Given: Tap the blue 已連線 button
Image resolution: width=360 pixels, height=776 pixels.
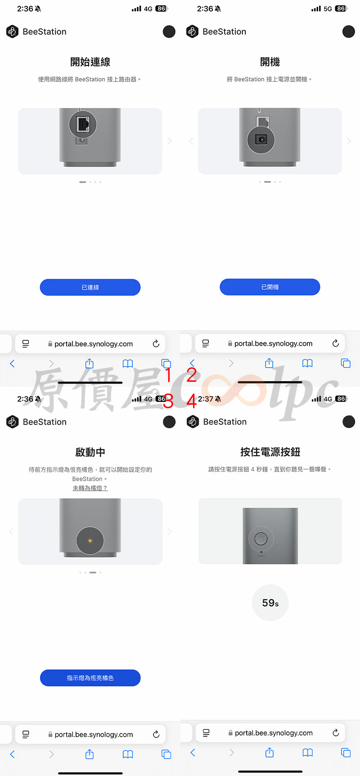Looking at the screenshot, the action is coord(90,287).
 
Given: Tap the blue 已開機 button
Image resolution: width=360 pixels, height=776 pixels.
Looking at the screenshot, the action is coord(270,287).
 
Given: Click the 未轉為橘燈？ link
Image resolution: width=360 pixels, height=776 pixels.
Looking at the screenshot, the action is coord(90,488).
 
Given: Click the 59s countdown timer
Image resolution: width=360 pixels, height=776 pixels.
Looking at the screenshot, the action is coord(270,603).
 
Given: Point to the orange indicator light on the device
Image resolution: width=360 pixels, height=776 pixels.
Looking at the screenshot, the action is coord(90,541).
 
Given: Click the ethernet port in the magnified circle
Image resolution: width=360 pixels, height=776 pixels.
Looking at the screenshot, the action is coord(83,123).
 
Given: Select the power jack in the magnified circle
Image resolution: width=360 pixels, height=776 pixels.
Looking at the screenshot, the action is coord(261,140).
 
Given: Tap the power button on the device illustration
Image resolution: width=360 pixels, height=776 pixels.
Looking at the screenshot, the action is coord(261,538).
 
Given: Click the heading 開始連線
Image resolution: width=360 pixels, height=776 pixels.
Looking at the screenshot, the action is coord(90,62).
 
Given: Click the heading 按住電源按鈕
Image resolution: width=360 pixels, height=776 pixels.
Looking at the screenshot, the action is coord(270,452).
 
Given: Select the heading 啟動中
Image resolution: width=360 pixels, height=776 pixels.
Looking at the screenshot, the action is coord(90,452).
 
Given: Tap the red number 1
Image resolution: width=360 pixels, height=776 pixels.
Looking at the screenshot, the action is coord(168,374).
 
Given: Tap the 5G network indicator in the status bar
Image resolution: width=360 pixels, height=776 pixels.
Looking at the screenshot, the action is coord(328,9).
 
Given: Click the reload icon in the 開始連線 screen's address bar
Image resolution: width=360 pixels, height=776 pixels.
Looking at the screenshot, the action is coord(156,343).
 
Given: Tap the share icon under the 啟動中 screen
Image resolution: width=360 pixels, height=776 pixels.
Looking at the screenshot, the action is coord(90,754).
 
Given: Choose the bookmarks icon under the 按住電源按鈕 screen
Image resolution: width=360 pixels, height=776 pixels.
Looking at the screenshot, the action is coord(308,753).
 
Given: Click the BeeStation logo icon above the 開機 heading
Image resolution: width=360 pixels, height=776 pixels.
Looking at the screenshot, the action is coord(192,32).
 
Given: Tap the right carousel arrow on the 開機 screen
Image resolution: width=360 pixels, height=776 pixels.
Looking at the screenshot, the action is coord(349,141).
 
